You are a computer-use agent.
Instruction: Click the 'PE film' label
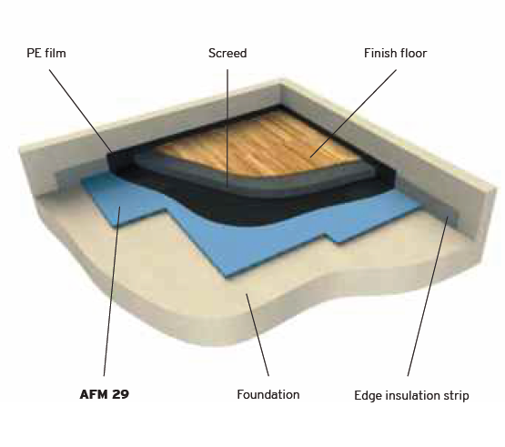pos(46,53)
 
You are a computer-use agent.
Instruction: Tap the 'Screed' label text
pos(227,53)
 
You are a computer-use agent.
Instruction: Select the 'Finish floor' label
pos(395,53)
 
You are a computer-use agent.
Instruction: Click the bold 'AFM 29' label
pos(105,394)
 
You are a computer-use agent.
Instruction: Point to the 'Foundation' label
pos(268,394)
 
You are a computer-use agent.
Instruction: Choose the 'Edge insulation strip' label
pos(411,395)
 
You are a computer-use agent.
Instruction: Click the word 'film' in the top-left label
pos(56,53)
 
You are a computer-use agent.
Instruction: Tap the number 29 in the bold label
pos(121,394)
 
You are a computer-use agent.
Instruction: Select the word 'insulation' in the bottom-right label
pos(412,395)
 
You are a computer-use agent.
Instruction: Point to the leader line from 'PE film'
pos(81,111)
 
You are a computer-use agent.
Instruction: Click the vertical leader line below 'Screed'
pos(227,128)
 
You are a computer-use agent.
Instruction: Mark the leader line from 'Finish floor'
pos(353,114)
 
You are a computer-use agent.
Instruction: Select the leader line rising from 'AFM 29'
pos(112,291)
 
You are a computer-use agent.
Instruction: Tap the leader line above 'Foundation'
pos(258,335)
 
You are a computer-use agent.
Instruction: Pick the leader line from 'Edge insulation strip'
pos(428,296)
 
